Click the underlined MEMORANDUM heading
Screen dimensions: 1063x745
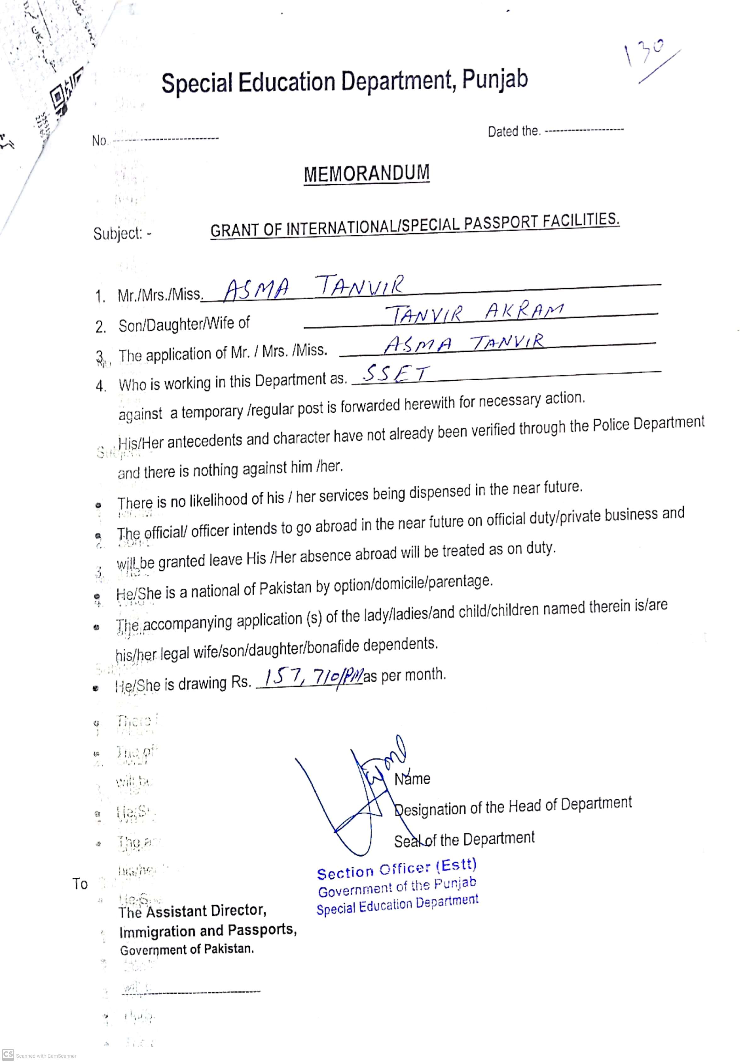pyautogui.click(x=366, y=174)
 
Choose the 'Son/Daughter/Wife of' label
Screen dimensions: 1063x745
pyautogui.click(x=184, y=324)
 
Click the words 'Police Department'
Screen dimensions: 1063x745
pyautogui.click(x=648, y=425)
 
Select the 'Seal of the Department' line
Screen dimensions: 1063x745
pyautogui.click(x=464, y=839)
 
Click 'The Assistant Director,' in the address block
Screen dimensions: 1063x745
pyautogui.click(x=192, y=911)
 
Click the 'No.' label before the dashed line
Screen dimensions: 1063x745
pyautogui.click(x=99, y=140)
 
